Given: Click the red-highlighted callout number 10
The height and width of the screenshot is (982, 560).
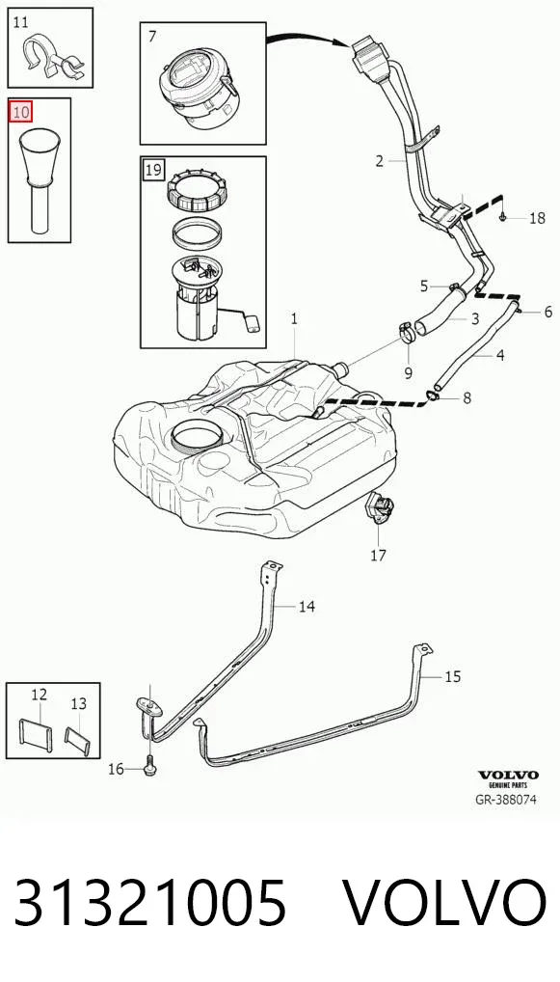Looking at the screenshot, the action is point(20,113).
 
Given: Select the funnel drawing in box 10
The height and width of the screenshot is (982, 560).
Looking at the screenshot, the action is point(40,179).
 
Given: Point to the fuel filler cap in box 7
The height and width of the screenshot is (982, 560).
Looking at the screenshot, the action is point(199,88).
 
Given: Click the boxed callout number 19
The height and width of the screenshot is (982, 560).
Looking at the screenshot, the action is point(153,169).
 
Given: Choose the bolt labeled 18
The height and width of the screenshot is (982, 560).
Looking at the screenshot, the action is point(503,217).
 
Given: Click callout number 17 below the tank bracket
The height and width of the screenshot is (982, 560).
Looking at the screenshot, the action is point(379,555).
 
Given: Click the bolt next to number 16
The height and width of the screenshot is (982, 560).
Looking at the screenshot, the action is point(149,767).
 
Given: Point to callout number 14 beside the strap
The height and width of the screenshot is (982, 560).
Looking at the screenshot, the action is point(307,606).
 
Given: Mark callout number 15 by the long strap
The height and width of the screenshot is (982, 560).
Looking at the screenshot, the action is point(453,676).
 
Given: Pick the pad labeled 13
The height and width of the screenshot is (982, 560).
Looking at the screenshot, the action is point(78,739).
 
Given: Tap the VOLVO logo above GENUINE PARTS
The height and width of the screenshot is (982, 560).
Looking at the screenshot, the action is point(508,776).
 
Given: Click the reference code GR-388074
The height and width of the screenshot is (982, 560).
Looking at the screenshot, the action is point(506,800).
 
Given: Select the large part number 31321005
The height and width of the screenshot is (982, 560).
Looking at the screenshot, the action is point(150,902).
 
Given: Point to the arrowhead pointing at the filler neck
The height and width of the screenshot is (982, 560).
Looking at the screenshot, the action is point(343,42).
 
